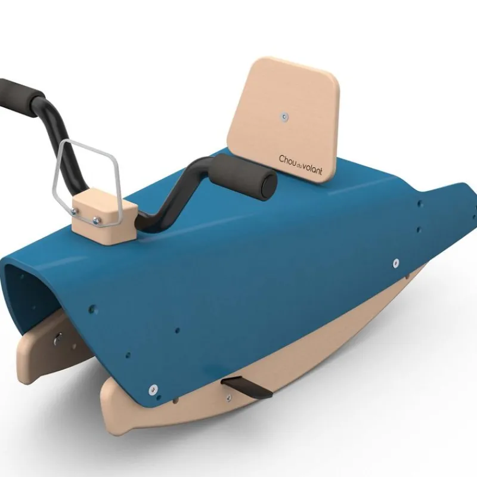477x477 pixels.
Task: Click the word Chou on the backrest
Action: [x=287, y=159]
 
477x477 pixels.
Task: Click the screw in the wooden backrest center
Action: [x=285, y=116]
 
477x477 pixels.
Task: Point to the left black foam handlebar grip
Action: [x=18, y=95]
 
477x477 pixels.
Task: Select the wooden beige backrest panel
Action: [x=283, y=120]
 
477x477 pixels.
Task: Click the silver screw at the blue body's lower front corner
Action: [x=154, y=389]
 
